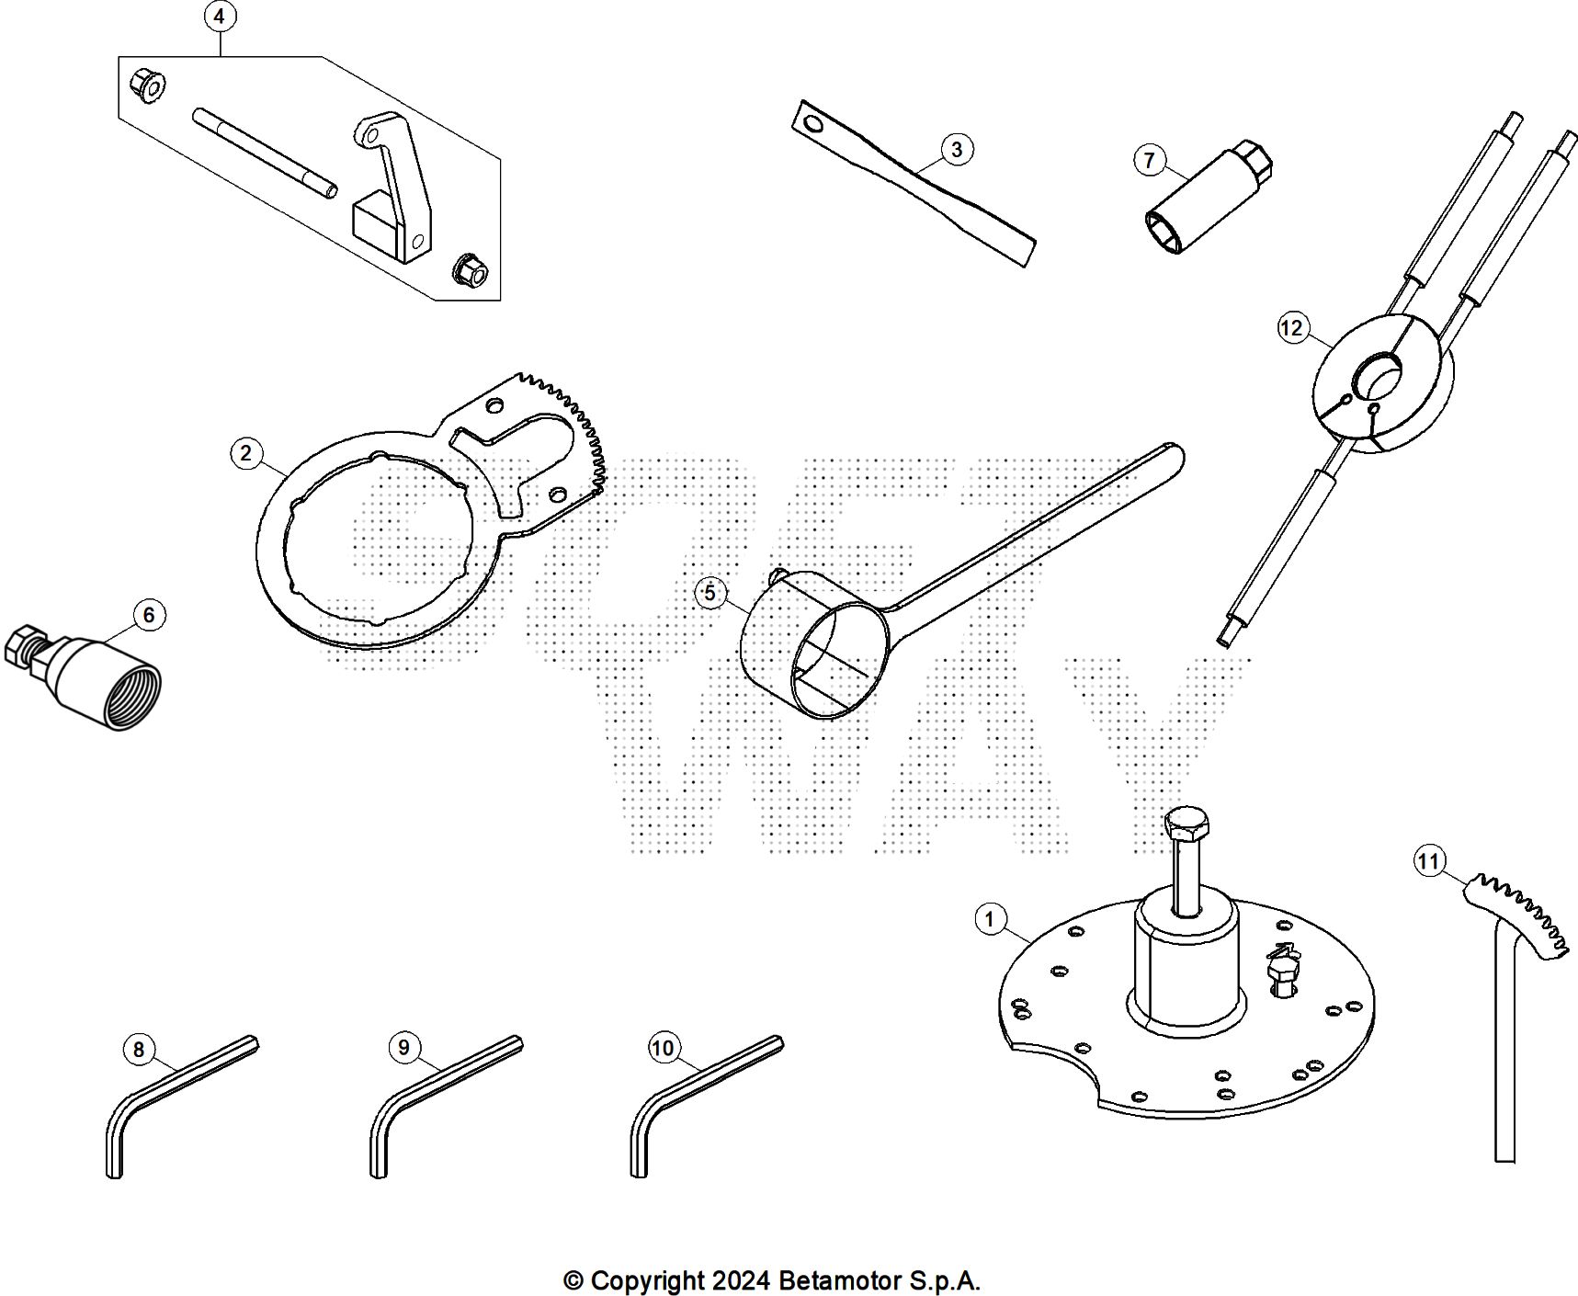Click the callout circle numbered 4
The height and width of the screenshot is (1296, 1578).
coord(219,17)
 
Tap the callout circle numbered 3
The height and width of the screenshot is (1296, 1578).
coord(956,149)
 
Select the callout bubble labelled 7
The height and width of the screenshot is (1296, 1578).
coord(1149,161)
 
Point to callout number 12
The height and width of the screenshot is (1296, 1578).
coord(1292,328)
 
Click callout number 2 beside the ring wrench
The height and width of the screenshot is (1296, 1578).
coord(246,452)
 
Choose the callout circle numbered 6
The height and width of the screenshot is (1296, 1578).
coord(149,615)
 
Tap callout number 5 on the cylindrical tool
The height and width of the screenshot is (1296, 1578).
coord(710,593)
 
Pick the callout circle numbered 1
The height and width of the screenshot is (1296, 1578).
coord(990,918)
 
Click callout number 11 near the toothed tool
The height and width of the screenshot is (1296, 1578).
coord(1428,861)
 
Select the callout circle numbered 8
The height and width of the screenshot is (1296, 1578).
coord(139,1050)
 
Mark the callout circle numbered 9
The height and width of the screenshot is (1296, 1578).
coord(404,1047)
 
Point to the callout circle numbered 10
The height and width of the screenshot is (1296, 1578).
coord(663,1048)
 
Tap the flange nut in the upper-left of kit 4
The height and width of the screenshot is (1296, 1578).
coord(147,85)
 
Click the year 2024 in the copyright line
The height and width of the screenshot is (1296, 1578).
coord(740,1280)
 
